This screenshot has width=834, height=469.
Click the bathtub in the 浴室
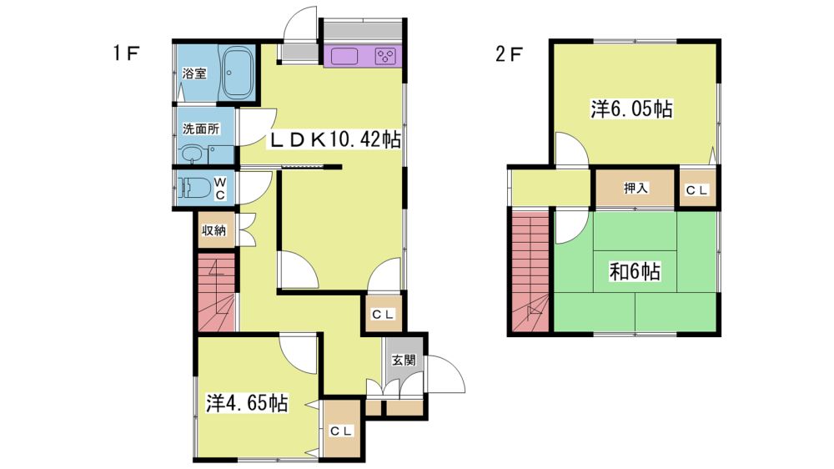(236, 73)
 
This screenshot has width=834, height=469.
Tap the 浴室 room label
(194, 73)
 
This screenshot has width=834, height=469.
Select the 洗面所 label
(201, 129)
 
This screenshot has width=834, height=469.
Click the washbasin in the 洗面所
(192, 154)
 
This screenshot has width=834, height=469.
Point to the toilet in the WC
(193, 188)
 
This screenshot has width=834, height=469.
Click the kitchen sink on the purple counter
(344, 56)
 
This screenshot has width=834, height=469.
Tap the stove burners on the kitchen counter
(385, 56)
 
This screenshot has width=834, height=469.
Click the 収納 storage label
(214, 230)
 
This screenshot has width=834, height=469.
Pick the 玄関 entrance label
(404, 361)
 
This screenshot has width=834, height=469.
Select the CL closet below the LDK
(383, 315)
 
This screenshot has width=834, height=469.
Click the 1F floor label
(127, 53)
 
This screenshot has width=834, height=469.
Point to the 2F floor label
(510, 53)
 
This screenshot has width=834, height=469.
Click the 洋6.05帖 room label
(632, 109)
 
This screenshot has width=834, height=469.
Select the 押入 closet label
(636, 188)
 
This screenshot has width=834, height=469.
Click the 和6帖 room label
(635, 271)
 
